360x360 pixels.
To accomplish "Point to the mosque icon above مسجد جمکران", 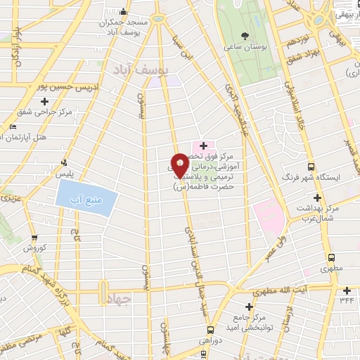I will [124, 11].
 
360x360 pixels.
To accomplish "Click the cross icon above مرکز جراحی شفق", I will [44, 103].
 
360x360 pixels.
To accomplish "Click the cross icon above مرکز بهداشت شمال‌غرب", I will [317, 198].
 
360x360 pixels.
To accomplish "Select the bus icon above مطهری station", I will [330, 257].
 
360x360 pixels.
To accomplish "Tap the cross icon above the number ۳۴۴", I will [346, 290].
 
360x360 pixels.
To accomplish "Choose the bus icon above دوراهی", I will [210, 328].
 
